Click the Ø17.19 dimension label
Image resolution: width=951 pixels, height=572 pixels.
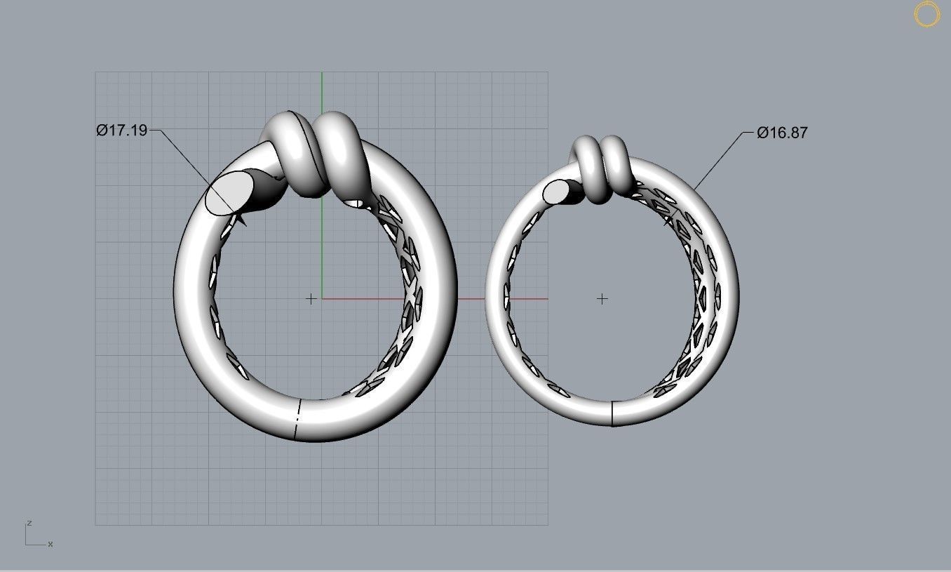(122, 130)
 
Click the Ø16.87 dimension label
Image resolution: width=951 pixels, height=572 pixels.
(782, 133)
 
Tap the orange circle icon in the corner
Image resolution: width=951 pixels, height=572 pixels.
(926, 15)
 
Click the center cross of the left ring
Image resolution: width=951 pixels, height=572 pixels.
(311, 299)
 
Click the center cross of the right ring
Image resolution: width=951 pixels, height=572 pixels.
(602, 299)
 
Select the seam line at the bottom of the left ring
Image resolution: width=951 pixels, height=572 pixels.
(297, 420)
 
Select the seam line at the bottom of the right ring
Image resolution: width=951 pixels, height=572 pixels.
(612, 413)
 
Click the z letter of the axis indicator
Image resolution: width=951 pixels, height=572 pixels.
(29, 523)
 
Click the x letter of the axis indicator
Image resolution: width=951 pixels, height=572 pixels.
(50, 544)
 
